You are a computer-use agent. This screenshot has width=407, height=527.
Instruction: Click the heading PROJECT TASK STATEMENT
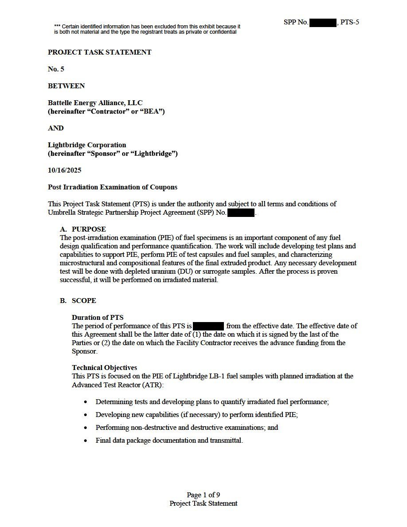[100, 52]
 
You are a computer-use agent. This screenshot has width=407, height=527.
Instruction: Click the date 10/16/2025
[65, 170]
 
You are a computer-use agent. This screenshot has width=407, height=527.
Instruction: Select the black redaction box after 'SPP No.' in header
[323, 22]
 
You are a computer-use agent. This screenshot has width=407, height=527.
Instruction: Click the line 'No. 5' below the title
[56, 69]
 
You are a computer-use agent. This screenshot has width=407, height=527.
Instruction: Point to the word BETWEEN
[67, 86]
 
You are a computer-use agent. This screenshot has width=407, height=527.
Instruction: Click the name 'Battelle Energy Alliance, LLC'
[95, 103]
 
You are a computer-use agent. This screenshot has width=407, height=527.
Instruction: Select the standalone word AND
[56, 128]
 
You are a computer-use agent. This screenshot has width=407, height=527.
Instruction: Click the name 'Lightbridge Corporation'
[87, 145]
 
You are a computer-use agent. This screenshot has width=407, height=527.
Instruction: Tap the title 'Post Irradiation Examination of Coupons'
[113, 187]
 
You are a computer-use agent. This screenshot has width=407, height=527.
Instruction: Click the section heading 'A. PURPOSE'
[83, 229]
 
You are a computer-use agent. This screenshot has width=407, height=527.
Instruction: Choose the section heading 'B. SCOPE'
[78, 301]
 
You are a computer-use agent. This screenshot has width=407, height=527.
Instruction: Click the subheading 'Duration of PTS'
[98, 318]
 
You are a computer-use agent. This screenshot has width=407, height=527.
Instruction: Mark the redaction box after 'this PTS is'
[209, 326]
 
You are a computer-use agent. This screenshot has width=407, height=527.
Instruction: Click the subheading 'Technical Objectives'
[105, 368]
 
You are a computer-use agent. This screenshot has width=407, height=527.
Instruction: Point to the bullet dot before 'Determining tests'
[86, 402]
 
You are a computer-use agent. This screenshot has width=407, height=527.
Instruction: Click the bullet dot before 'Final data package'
[86, 441]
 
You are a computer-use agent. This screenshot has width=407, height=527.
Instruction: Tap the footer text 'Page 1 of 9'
[203, 495]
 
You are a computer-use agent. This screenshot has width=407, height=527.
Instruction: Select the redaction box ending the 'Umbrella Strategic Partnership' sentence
[241, 213]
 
